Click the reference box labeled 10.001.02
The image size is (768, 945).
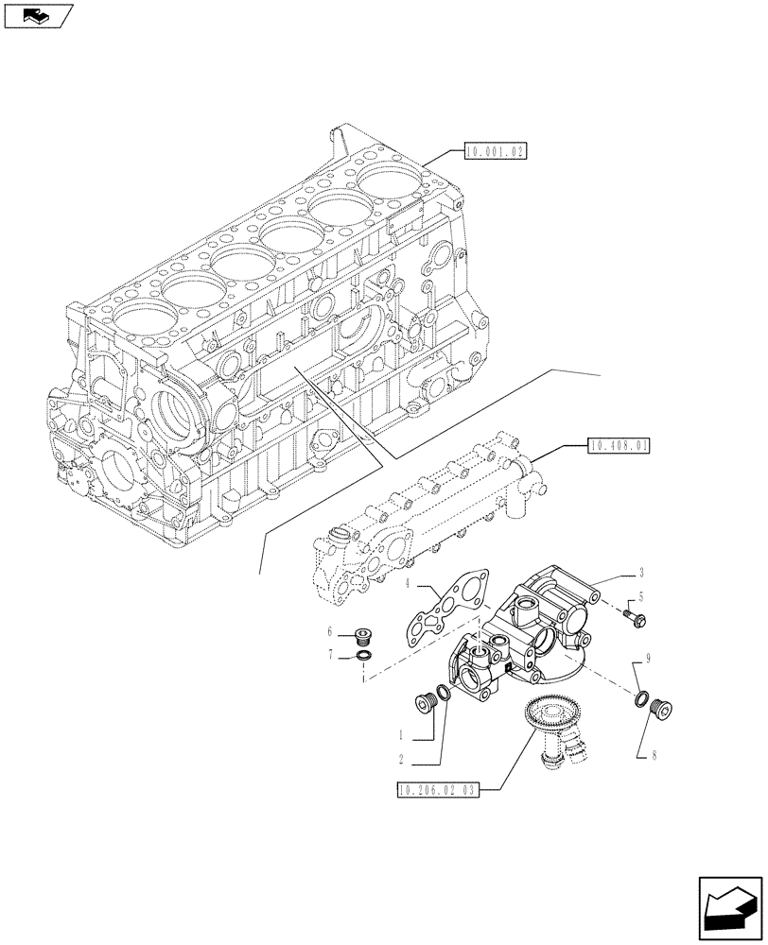point(496,150)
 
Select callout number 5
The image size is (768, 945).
point(641,597)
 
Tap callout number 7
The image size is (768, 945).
point(330,654)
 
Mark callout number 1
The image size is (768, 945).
point(402,734)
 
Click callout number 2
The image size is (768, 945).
point(402,758)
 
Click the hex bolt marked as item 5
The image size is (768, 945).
point(634,619)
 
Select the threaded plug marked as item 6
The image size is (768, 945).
point(360,635)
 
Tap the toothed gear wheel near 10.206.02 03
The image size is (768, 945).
point(544,711)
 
